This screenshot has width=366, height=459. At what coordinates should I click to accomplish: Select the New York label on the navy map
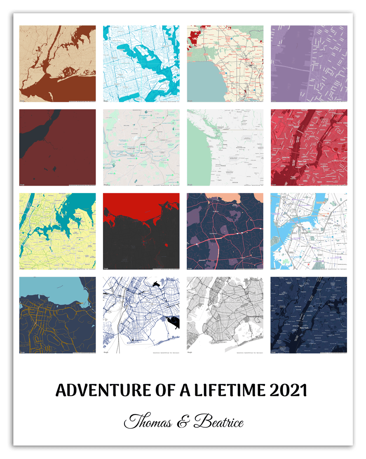point(304,328)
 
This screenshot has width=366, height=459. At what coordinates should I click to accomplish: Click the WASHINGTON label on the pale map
point(240,148)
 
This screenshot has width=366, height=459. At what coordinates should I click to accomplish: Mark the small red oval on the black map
point(167,245)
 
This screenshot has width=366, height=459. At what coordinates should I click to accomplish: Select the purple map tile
point(309,64)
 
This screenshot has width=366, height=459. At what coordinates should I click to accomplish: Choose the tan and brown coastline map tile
point(57,64)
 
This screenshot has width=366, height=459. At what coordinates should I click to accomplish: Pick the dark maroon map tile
point(57,147)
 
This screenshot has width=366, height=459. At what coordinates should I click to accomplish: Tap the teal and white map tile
point(141,64)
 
